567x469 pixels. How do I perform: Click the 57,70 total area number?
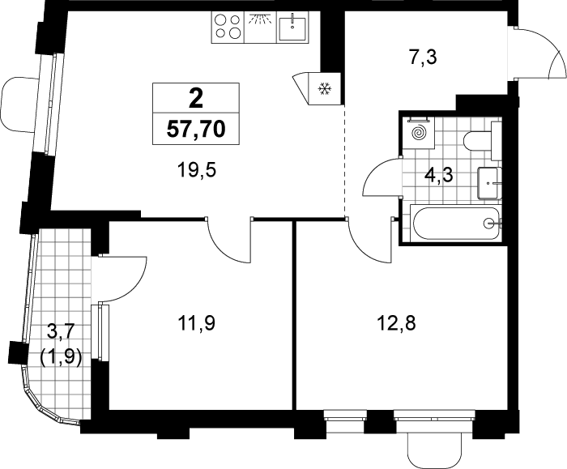196,129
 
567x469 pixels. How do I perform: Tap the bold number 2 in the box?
196,98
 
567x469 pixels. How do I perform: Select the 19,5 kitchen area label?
196,169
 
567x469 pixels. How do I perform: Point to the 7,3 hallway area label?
423,58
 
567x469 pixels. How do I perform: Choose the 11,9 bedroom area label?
196,323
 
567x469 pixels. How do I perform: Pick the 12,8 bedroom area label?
396,323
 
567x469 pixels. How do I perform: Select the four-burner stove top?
228,27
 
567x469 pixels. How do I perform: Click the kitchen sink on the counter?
292,27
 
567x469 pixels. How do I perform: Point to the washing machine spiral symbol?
420,134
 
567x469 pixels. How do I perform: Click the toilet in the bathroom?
482,141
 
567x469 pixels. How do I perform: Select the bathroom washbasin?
489,183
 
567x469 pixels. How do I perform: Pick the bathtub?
455,224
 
